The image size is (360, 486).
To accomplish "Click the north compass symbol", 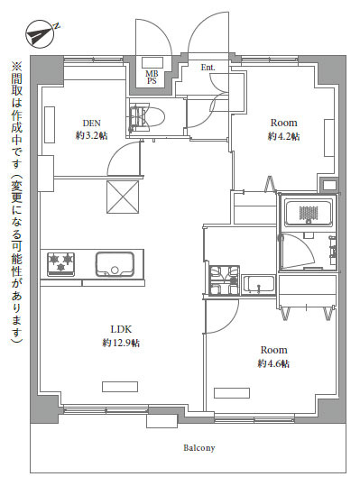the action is pyautogui.click(x=41, y=33).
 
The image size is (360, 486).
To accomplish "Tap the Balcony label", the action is pyautogui.click(x=199, y=447).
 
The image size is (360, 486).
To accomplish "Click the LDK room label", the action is pyautogui.click(x=121, y=329).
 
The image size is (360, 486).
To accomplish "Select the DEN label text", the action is pyautogui.click(x=92, y=123).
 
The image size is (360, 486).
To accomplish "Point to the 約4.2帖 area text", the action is pyautogui.click(x=283, y=136).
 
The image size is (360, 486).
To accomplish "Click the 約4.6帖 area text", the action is pyautogui.click(x=273, y=363).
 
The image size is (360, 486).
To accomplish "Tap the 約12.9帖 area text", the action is pyautogui.click(x=121, y=343).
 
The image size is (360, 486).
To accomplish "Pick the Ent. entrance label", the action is pyautogui.click(x=208, y=68).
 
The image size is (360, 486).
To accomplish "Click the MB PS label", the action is pyautogui.click(x=152, y=78).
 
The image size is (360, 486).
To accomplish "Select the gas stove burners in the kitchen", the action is pyautogui.click(x=60, y=264).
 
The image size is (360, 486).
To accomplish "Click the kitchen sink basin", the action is pyautogui.click(x=115, y=264).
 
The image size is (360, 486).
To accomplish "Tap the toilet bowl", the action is pyautogui.click(x=148, y=117).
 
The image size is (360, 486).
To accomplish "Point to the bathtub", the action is pyautogui.click(x=309, y=213).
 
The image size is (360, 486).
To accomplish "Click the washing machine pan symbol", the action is pyautogui.click(x=225, y=280).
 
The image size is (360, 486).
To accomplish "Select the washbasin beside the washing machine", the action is pyautogui.click(x=258, y=285).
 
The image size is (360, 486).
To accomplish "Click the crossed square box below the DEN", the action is pyautogui.click(x=123, y=197).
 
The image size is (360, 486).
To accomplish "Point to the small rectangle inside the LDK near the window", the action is pyautogui.click(x=120, y=387).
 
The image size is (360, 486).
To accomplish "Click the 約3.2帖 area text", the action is pyautogui.click(x=92, y=136).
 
